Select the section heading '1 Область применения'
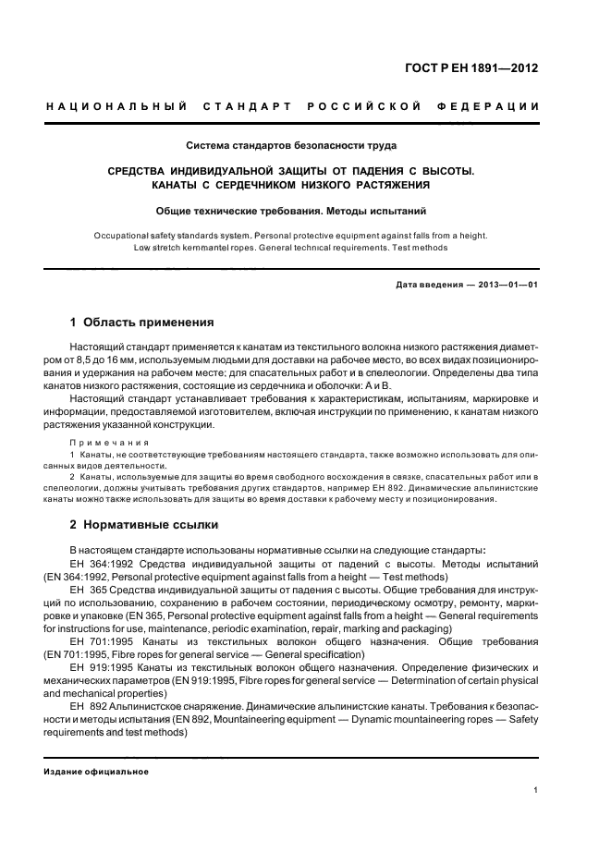[142, 323]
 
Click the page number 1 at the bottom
[536, 790]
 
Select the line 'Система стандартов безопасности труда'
[291, 145]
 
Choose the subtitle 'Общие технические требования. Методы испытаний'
[291, 210]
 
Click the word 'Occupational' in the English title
[127, 235]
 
